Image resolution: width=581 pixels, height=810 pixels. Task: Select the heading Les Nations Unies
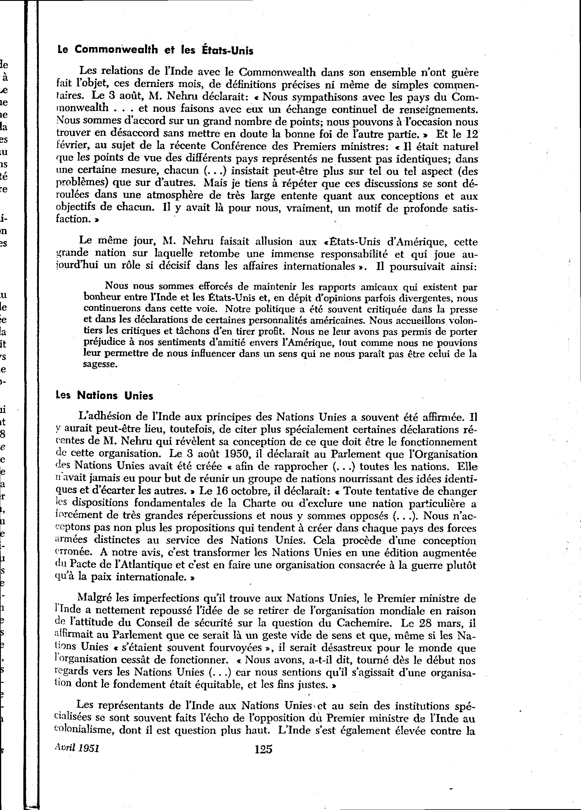pyautogui.click(x=105, y=396)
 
